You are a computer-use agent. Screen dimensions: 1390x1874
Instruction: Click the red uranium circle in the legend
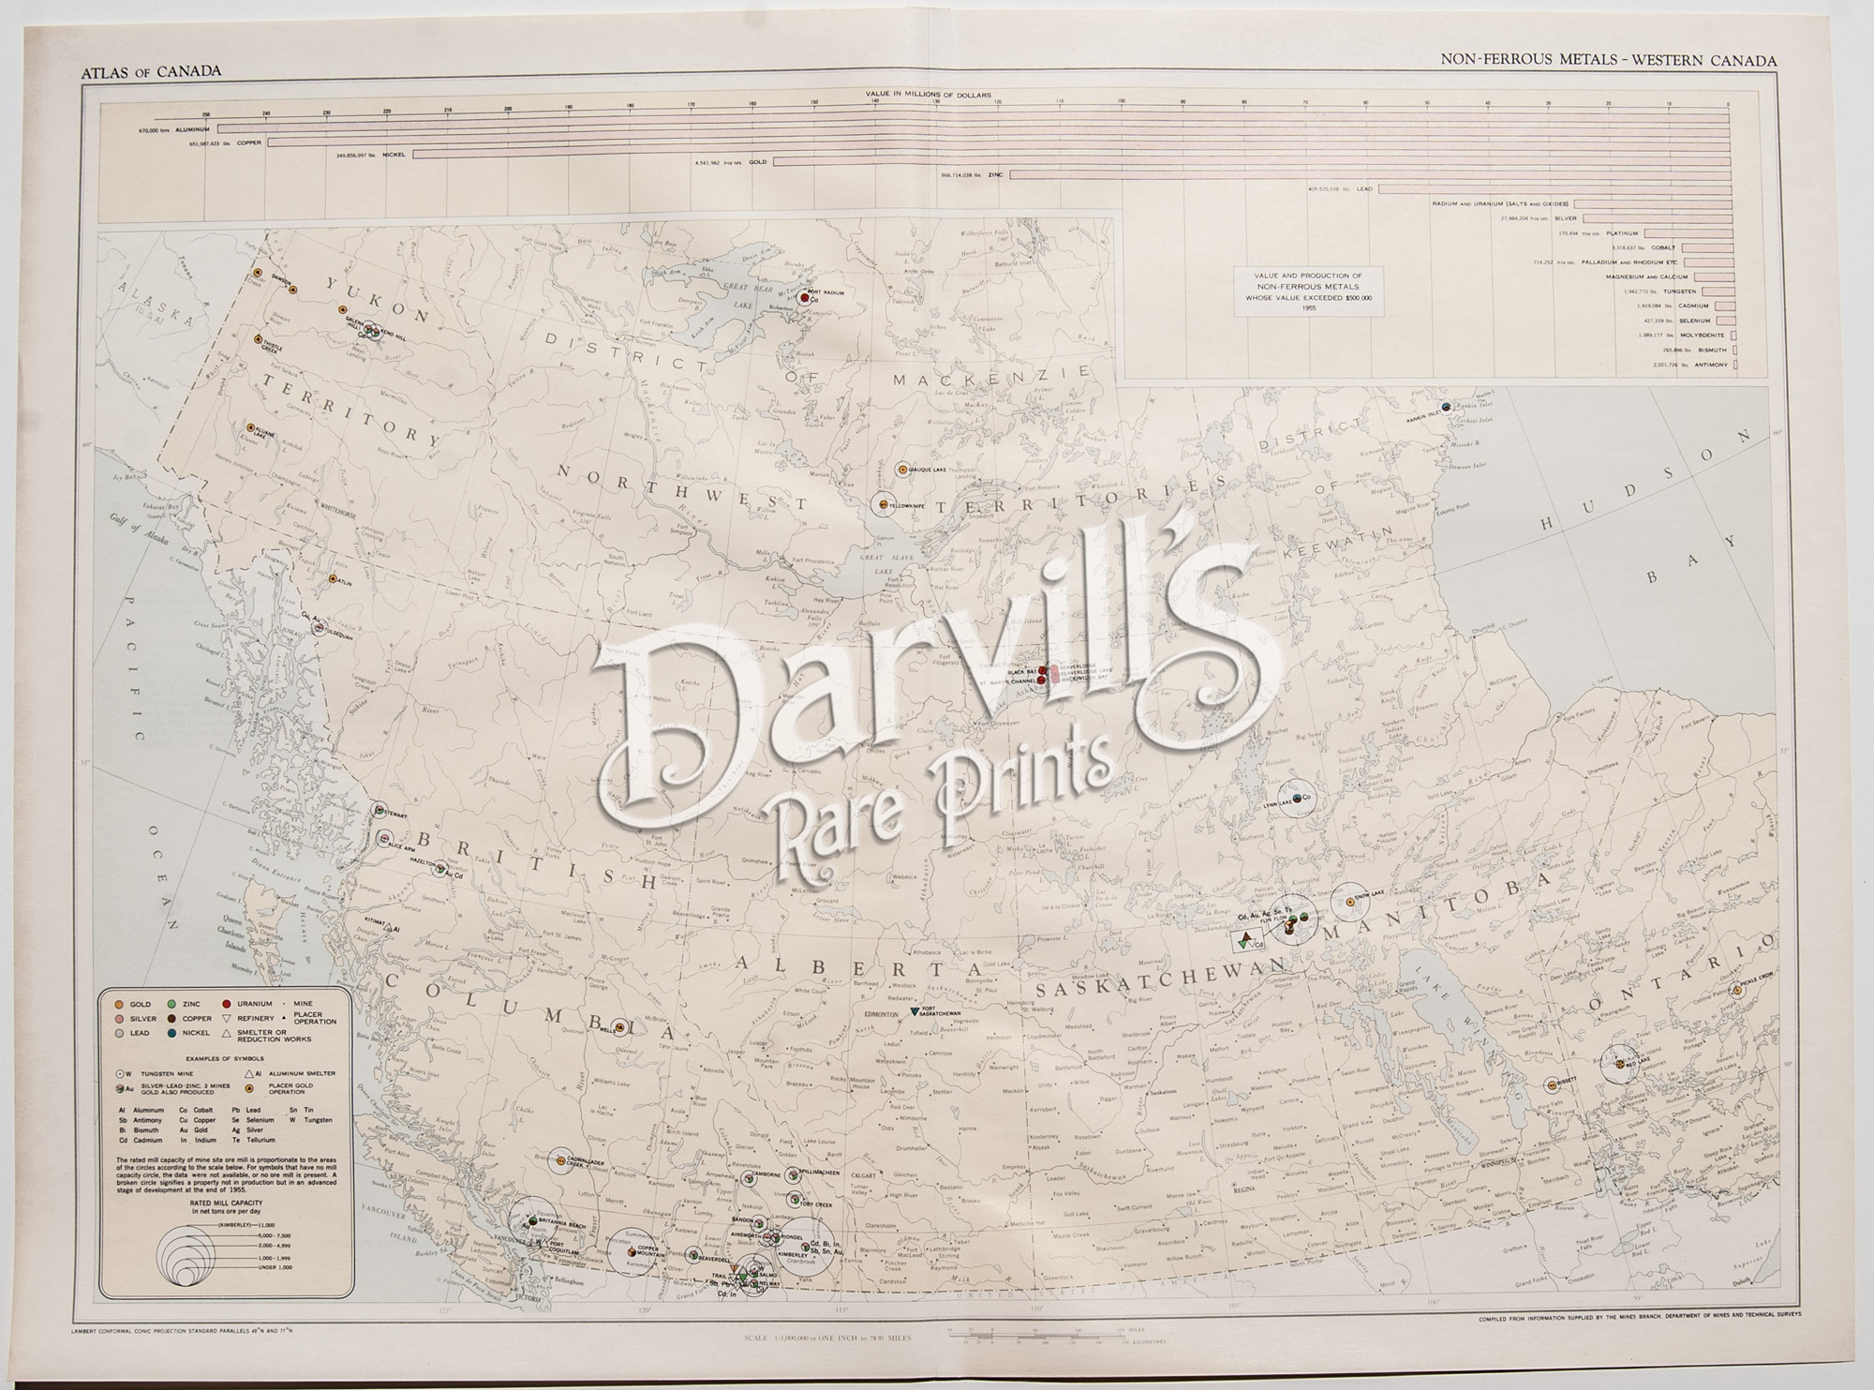[230, 1004]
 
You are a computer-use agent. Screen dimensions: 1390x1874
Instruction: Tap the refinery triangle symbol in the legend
[230, 1018]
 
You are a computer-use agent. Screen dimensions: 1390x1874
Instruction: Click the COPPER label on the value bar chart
[248, 142]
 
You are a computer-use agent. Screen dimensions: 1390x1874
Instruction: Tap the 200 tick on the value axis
[509, 109]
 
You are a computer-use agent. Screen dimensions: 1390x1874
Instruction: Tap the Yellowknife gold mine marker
[883, 504]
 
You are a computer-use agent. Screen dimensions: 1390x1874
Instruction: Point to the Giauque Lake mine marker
[901, 467]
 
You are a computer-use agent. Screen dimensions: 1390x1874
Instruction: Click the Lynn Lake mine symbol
[1297, 798]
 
